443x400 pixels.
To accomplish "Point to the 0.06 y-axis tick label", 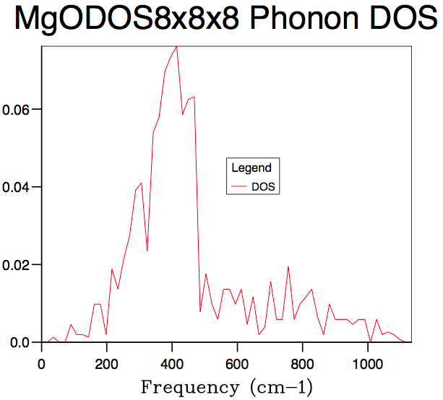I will pos(17,110).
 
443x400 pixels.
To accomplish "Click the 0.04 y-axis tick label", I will pos(17,188).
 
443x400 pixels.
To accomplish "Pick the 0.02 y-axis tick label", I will pos(17,266).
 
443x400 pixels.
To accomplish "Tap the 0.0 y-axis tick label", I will pos(20,343).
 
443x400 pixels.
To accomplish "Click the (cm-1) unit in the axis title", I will pos(279,387).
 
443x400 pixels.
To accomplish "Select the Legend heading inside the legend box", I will pos(251,168).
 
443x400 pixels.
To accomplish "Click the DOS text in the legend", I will pos(263,187).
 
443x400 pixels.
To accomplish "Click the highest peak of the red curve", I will pos(176,46).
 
